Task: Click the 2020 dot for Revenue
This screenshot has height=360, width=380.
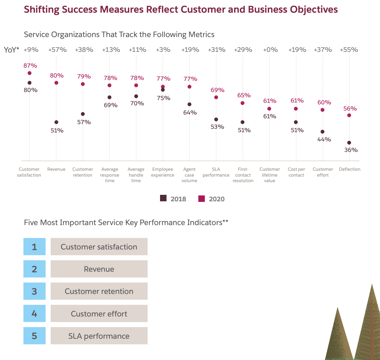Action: [56, 83]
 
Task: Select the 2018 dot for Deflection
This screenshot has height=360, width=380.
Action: [349, 143]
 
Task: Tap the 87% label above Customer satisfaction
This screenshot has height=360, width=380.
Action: [30, 65]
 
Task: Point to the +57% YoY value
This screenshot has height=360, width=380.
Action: [57, 50]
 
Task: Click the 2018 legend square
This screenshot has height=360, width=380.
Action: [163, 199]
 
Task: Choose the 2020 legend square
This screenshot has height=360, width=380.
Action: [201, 199]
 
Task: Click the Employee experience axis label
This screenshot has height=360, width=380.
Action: [163, 172]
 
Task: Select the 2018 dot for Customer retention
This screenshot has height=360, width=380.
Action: [82, 114]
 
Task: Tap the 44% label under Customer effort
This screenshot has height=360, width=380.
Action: [324, 139]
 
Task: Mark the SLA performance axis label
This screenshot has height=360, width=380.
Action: [216, 172]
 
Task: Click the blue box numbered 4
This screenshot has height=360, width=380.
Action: [34, 314]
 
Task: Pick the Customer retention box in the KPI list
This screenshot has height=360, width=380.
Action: [99, 291]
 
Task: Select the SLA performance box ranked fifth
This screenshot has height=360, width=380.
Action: [99, 336]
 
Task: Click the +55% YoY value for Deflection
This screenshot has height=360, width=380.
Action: [349, 50]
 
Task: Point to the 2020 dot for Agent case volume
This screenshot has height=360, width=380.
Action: [189, 87]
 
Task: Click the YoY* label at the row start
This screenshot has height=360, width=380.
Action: [11, 50]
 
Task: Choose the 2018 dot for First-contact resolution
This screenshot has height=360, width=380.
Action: [243, 122]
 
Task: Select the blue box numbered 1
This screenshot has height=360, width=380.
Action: [34, 247]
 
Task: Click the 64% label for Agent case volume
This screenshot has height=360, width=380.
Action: [190, 112]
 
